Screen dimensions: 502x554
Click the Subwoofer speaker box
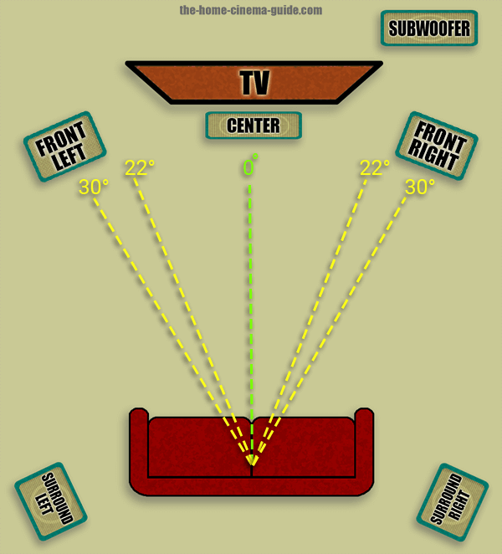(429, 28)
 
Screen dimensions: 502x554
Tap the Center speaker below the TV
(254, 126)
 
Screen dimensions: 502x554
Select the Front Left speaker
(65, 146)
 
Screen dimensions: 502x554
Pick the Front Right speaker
(437, 146)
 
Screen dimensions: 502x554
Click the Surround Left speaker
(51, 501)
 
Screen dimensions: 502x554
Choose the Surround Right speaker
(453, 502)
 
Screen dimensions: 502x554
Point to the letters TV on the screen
(254, 82)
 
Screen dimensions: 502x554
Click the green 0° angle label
(250, 166)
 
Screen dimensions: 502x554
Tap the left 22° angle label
(140, 167)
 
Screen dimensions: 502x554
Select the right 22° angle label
(375, 167)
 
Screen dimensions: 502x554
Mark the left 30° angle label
(94, 187)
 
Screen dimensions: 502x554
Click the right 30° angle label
(420, 187)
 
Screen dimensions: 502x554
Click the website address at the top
(251, 10)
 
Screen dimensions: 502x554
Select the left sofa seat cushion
(199, 447)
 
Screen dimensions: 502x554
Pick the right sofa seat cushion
(304, 447)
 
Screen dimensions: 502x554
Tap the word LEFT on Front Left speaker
(69, 157)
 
